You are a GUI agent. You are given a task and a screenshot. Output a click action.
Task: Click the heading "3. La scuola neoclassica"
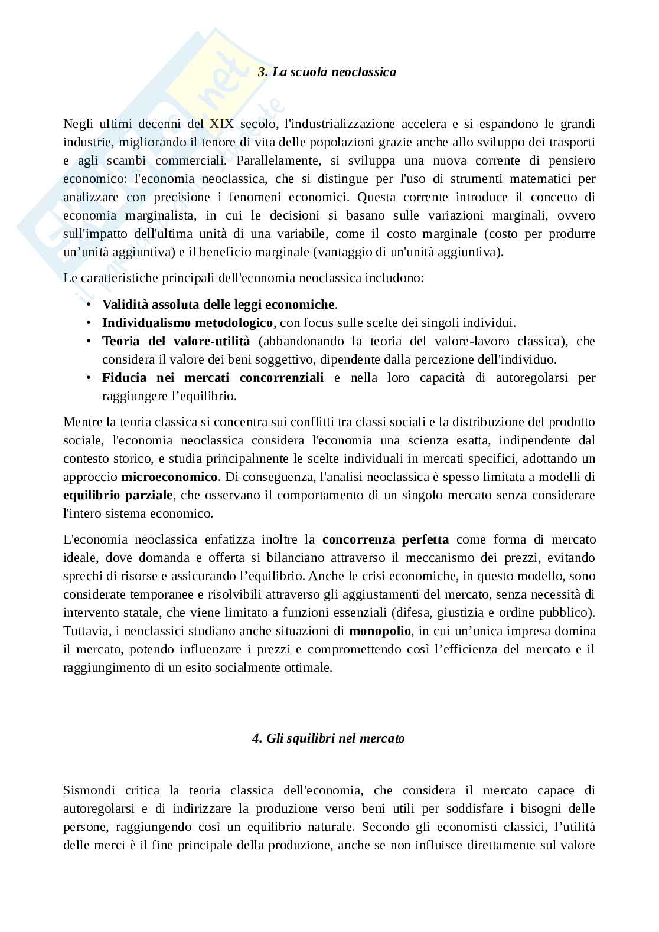[x=328, y=72]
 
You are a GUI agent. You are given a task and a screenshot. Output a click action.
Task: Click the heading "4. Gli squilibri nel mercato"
[x=328, y=738]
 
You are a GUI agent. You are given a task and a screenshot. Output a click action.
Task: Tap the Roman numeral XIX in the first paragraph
[x=222, y=124]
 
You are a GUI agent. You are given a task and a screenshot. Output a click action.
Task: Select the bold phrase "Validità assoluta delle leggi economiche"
[x=218, y=305]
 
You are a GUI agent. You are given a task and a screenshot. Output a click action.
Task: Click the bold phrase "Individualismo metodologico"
[x=187, y=323]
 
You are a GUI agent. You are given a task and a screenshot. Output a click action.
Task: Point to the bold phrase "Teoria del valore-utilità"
[x=176, y=341]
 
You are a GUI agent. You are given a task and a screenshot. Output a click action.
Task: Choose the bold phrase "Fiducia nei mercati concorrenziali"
[x=213, y=378]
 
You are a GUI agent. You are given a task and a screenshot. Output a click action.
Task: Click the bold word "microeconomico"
[x=169, y=476]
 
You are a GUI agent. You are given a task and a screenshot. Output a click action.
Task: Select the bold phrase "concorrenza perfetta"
[x=386, y=539]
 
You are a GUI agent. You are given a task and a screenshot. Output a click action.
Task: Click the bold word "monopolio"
[x=380, y=631]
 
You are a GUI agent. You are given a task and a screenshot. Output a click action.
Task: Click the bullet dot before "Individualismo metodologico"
[x=89, y=323]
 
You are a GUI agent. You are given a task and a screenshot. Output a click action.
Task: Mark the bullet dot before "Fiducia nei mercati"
[x=89, y=378]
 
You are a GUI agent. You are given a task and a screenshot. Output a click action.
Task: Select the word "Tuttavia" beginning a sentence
[x=86, y=631]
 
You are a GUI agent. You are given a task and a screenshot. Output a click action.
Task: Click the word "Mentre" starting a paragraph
[x=82, y=422]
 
